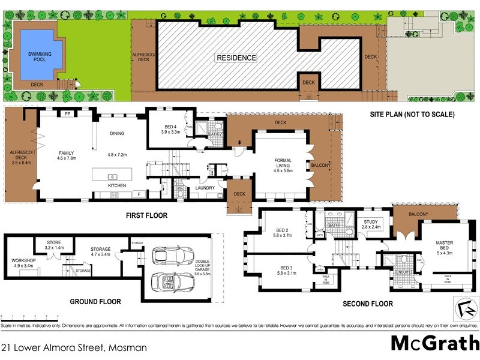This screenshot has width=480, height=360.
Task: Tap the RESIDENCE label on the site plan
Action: [236, 58]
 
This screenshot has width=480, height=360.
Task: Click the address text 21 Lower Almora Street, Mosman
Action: [74, 347]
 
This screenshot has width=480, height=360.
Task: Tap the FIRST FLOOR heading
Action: [147, 215]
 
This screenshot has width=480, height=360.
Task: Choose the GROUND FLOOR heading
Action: [95, 302]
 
